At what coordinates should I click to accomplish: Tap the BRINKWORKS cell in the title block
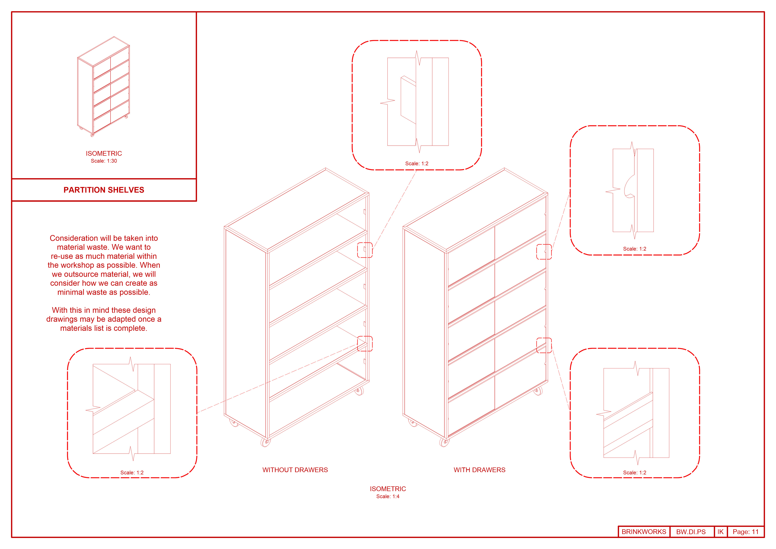click(644, 532)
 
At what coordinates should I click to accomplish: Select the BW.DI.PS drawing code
click(691, 532)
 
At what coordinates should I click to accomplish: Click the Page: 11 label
click(745, 532)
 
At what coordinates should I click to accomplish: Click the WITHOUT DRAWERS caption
click(295, 470)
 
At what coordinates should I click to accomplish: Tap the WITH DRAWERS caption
click(479, 470)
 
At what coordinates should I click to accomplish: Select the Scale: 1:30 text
click(104, 161)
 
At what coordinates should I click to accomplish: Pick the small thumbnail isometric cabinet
click(103, 87)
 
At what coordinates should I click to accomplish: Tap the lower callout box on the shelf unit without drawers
click(365, 344)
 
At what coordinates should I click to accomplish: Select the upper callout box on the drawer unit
click(544, 252)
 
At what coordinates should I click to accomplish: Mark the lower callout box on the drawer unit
click(544, 345)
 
